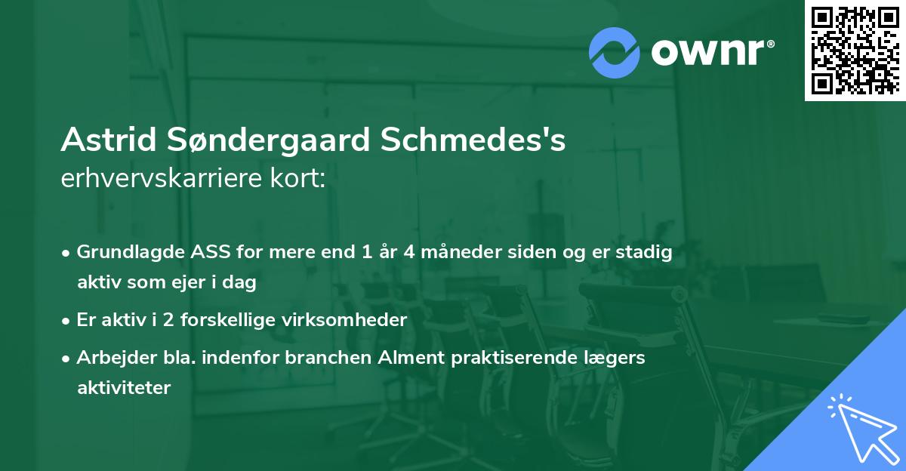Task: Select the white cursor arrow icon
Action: click(860, 427)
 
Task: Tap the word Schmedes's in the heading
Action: click(473, 140)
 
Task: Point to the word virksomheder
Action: click(356, 320)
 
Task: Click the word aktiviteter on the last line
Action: click(124, 388)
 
